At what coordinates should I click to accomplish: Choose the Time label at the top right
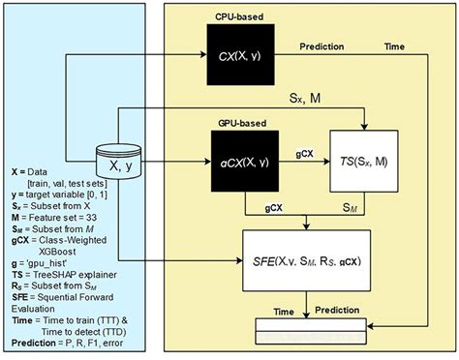[x=394, y=46]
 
